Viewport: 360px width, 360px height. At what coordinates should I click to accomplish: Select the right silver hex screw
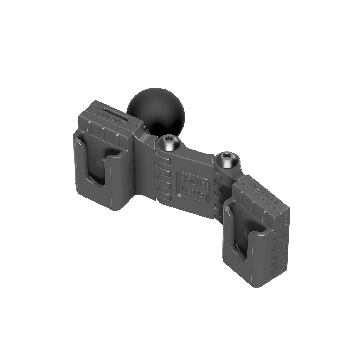pos(227,160)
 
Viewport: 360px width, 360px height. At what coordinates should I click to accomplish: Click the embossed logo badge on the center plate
pos(192,186)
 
